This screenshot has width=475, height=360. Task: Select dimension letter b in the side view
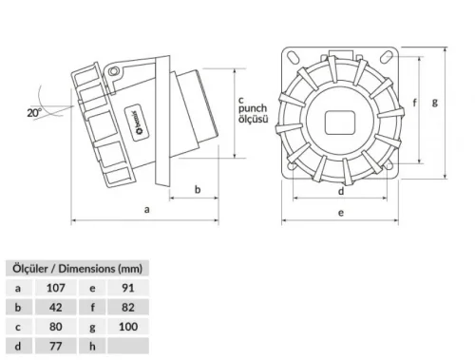197,189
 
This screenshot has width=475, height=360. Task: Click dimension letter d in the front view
341,189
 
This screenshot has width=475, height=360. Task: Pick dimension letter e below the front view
341,214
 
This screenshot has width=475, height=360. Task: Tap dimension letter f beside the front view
414,104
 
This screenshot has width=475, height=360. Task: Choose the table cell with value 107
54,287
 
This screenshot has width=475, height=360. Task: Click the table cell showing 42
54,307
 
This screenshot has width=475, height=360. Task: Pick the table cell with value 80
54,327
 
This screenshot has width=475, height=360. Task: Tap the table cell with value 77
54,347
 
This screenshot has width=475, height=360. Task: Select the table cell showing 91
127,287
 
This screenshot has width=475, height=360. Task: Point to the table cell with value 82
127,307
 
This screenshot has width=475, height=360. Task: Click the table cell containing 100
127,327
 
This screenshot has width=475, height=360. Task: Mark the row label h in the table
92,347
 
